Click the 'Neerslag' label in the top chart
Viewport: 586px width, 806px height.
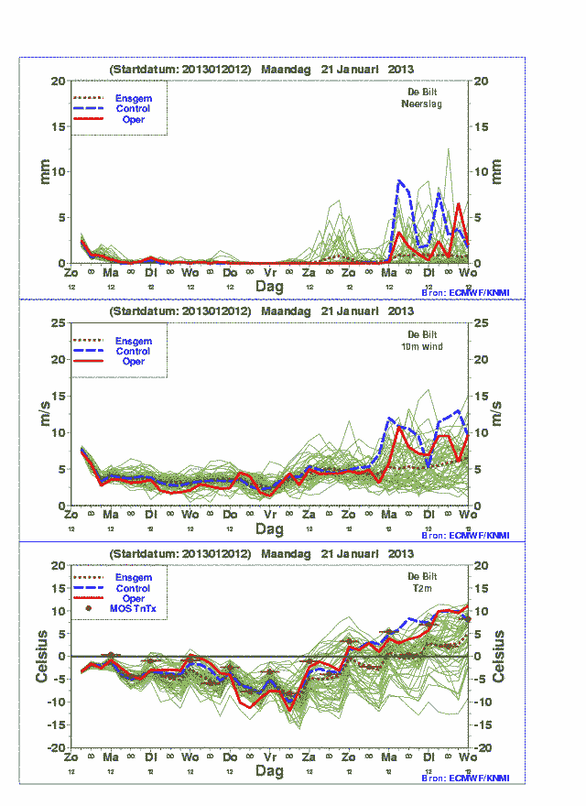click(x=422, y=104)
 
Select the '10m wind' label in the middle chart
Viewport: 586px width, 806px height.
click(x=422, y=347)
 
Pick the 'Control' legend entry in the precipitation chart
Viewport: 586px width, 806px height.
click(x=133, y=109)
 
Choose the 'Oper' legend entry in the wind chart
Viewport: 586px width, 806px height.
click(x=133, y=362)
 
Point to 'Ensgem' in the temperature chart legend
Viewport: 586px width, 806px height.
click(x=133, y=577)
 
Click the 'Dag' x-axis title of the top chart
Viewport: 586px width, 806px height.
click(x=269, y=286)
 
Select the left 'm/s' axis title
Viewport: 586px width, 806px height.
click(x=42, y=414)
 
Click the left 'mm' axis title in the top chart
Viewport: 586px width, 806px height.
click(x=42, y=171)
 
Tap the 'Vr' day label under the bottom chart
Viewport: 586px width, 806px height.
click(x=269, y=757)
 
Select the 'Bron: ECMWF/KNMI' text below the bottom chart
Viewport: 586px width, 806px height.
click(x=465, y=778)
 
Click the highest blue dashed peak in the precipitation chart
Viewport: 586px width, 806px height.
click(x=399, y=180)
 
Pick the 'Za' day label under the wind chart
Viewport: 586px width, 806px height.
click(x=309, y=515)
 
